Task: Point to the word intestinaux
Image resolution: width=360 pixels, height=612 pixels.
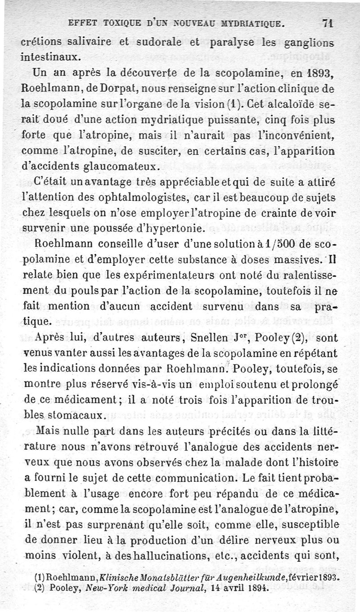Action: pyautogui.click(x=51, y=57)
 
